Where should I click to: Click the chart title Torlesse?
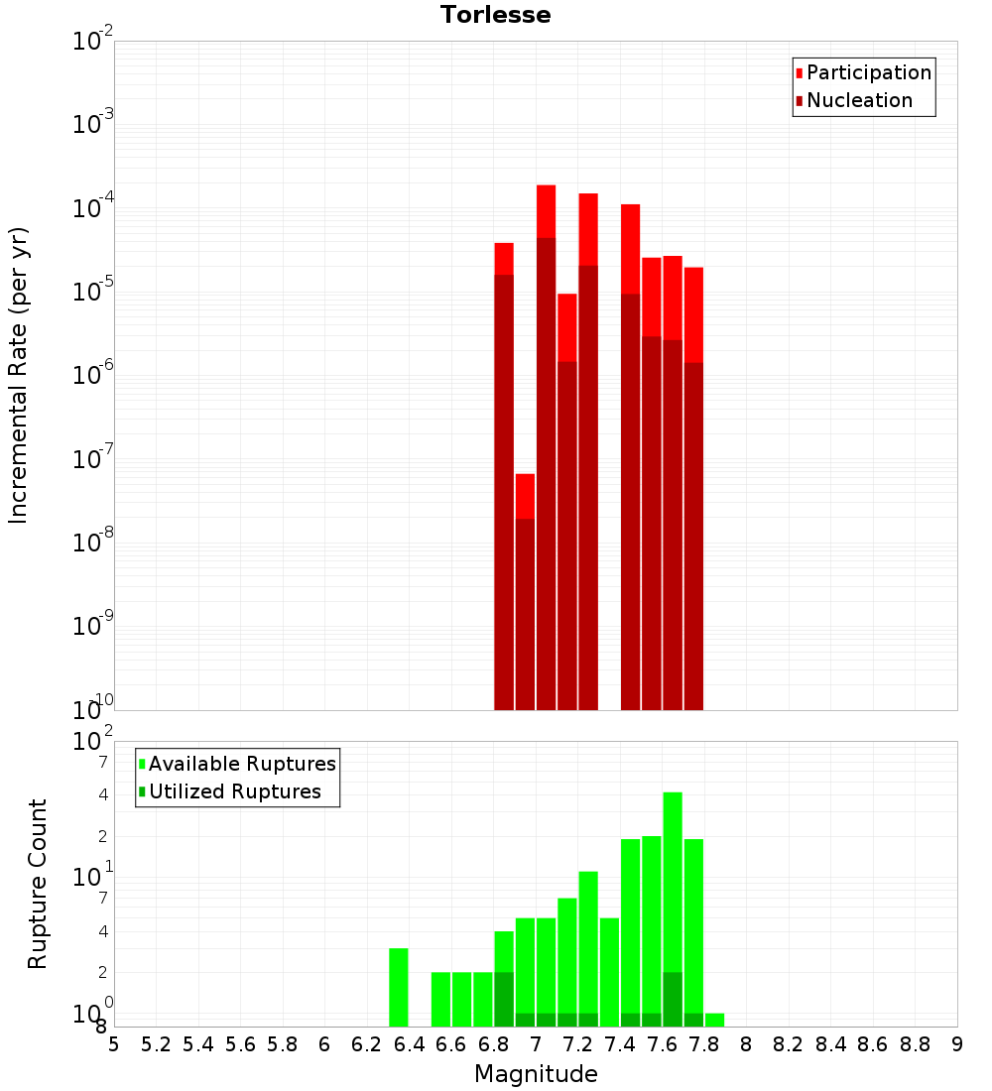click(x=495, y=15)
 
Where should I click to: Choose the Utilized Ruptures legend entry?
click(x=234, y=791)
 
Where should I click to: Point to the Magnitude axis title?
click(x=536, y=1074)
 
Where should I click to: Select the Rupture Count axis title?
click(x=38, y=884)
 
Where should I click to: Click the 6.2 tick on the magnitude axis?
click(x=367, y=1044)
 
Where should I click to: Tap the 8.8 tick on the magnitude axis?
click(x=916, y=1044)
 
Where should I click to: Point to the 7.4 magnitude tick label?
click(x=620, y=1044)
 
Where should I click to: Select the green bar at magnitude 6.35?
click(x=399, y=987)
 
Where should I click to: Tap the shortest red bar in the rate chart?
click(x=525, y=595)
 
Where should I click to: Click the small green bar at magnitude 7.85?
click(x=714, y=1020)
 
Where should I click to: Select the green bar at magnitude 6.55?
click(x=441, y=999)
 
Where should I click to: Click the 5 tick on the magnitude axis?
click(x=114, y=1044)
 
